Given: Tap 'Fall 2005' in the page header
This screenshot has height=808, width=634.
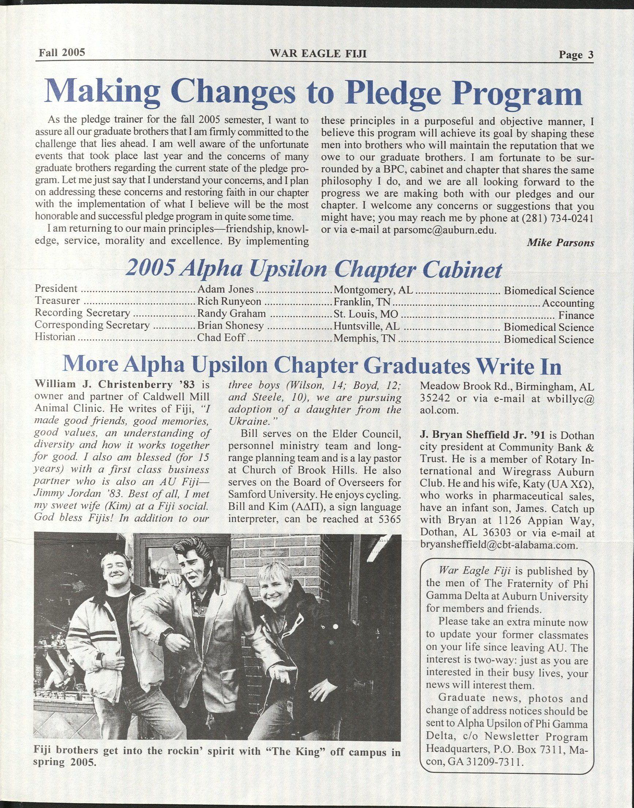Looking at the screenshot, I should (62, 52).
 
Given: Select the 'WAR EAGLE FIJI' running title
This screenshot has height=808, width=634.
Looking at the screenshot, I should (319, 53).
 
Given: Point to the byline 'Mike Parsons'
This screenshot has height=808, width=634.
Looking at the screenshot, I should (560, 243).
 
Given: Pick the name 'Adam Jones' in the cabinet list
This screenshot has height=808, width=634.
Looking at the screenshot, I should (225, 289).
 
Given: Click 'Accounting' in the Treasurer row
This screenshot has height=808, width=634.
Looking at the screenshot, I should (568, 303).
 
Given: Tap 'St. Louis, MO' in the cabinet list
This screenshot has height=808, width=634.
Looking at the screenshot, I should (366, 315).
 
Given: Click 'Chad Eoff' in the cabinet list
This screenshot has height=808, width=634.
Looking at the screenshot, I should (221, 338).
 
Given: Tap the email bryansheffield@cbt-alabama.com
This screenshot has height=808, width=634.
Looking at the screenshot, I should (499, 545).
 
